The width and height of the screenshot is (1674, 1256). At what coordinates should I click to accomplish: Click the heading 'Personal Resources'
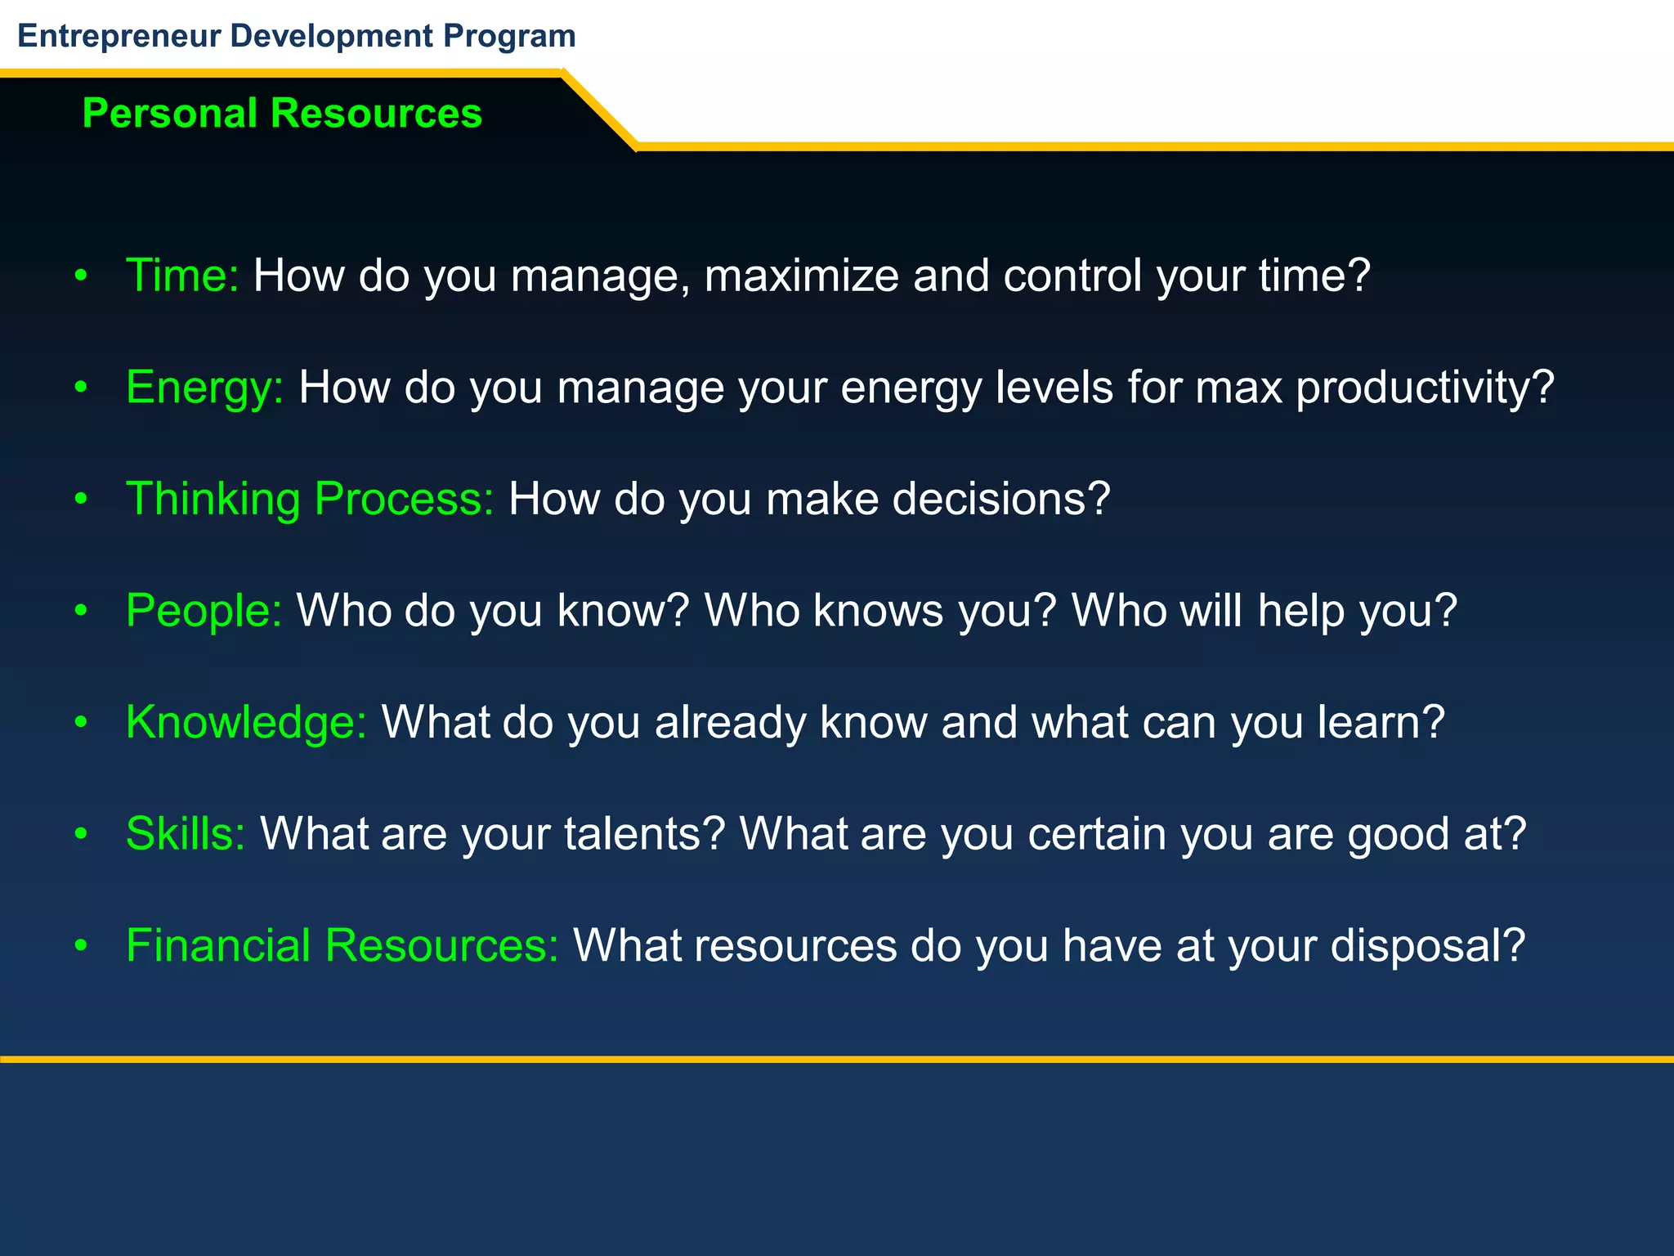tap(282, 113)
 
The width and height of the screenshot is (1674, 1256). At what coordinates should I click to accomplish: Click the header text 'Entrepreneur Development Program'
tap(297, 36)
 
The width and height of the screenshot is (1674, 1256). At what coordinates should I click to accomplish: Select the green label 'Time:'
tap(182, 276)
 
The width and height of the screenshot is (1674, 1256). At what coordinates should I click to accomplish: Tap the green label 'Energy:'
tap(204, 388)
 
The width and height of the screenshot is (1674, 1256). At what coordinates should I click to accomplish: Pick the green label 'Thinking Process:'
tap(310, 499)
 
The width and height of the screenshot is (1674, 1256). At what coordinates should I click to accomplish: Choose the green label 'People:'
tap(204, 611)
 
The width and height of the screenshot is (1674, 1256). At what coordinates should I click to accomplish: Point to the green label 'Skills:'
tap(186, 834)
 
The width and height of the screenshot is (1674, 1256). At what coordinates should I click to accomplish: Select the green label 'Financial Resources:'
tap(342, 945)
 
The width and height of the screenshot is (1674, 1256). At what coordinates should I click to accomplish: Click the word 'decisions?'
tap(1001, 499)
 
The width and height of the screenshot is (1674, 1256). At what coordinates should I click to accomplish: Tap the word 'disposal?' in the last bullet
tap(1427, 945)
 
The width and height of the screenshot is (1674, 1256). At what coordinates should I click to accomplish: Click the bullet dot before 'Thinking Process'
tap(80, 500)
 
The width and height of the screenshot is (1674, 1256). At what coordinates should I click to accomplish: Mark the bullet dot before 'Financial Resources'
tap(80, 946)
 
